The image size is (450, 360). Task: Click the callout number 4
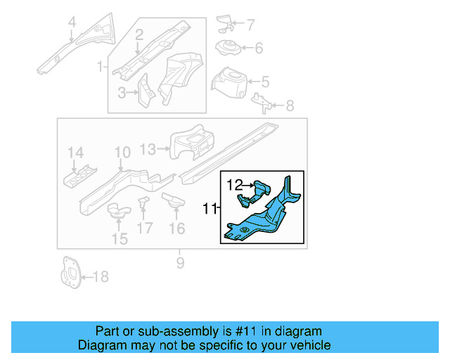pyautogui.click(x=71, y=27)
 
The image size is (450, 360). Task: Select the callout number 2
pyautogui.click(x=139, y=34)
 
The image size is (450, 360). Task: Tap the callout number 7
pyautogui.click(x=252, y=25)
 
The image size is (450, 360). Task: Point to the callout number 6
pyautogui.click(x=258, y=49)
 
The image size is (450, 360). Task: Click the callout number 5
pyautogui.click(x=265, y=82)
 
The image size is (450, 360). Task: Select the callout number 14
pyautogui.click(x=75, y=153)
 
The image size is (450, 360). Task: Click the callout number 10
pyautogui.click(x=122, y=153)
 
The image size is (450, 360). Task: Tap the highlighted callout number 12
pyautogui.click(x=234, y=185)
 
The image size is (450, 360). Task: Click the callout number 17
pyautogui.click(x=145, y=228)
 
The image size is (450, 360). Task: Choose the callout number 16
pyautogui.click(x=176, y=228)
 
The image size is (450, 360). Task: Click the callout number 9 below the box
pyautogui.click(x=180, y=263)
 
